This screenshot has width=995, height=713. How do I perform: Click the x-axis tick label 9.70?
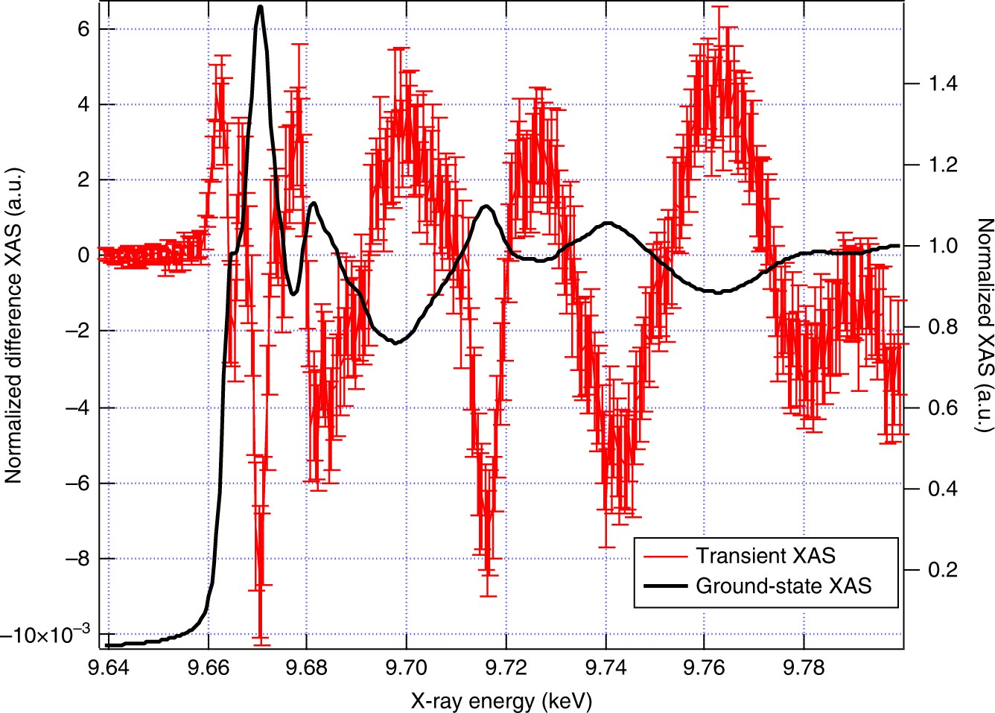pyautogui.click(x=406, y=668)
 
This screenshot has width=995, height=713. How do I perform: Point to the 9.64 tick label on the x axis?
pyautogui.click(x=109, y=668)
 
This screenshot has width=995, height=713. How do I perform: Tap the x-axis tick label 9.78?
pyautogui.click(x=804, y=668)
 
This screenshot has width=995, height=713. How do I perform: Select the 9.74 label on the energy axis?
pyautogui.click(x=605, y=668)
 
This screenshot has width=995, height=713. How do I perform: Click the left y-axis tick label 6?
pyautogui.click(x=83, y=29)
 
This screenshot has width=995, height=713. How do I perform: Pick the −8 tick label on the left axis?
pyautogui.click(x=77, y=559)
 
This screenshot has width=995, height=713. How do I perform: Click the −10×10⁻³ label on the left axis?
pyautogui.click(x=45, y=635)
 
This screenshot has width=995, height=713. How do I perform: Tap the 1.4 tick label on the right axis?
pyautogui.click(x=943, y=83)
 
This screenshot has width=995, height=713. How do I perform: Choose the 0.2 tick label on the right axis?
pyautogui.click(x=943, y=570)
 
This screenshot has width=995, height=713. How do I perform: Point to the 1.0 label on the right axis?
pyautogui.click(x=943, y=246)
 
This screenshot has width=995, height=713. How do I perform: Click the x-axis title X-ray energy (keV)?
pyautogui.click(x=501, y=700)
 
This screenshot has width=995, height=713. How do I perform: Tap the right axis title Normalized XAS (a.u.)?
pyautogui.click(x=984, y=325)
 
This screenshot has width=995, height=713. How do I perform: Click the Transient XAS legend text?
pyautogui.click(x=766, y=556)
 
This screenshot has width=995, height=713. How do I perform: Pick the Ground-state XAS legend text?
pyautogui.click(x=783, y=586)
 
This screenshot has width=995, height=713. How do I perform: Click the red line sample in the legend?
pyautogui.click(x=664, y=557)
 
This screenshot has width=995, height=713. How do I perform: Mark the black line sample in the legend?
pyautogui.click(x=664, y=586)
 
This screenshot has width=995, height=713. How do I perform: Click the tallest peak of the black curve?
pyautogui.click(x=260, y=7)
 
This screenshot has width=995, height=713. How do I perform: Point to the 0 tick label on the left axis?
pyautogui.click(x=83, y=256)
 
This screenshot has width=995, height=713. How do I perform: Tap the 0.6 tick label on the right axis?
pyautogui.click(x=943, y=408)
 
